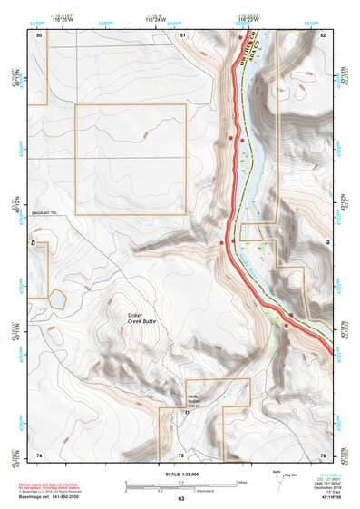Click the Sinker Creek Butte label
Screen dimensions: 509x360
143,318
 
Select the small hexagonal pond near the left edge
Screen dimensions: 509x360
57,297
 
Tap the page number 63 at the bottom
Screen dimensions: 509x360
180,499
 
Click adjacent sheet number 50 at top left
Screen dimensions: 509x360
39,34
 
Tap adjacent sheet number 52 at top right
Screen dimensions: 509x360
322,34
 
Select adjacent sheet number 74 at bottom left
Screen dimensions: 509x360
39,453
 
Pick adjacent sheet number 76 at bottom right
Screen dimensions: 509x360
322,453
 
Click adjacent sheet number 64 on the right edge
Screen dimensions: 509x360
326,242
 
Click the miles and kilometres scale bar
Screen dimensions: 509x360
180,487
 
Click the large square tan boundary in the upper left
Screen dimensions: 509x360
130,159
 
